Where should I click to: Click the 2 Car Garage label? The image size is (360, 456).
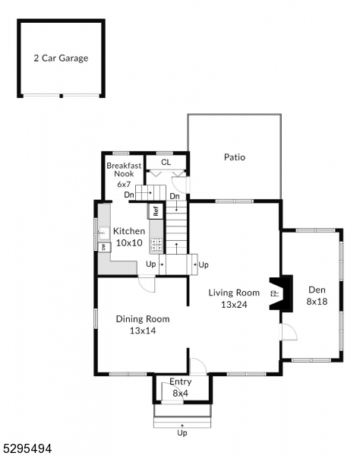point(60,58)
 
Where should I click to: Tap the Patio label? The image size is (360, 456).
point(234,158)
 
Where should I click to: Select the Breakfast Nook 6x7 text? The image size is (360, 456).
point(124,174)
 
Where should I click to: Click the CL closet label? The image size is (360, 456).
point(166,162)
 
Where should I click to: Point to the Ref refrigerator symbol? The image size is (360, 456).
point(156,211)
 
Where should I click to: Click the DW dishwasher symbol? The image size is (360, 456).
point(103,247)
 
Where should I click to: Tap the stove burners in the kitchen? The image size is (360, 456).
point(156,245)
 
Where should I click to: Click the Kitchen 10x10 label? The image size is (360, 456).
point(128,237)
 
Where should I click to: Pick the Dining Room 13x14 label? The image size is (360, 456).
point(143,325)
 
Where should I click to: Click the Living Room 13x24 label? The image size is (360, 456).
point(235,298)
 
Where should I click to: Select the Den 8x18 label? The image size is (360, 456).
point(316,296)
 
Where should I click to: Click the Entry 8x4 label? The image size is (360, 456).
point(180,387)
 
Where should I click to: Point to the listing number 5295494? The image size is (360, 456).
point(27,448)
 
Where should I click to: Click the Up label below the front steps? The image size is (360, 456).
point(182,432)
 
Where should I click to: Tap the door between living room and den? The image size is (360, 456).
point(288,331)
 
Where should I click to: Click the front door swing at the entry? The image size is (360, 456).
point(197,365)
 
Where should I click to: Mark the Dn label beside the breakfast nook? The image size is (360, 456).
point(129,195)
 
